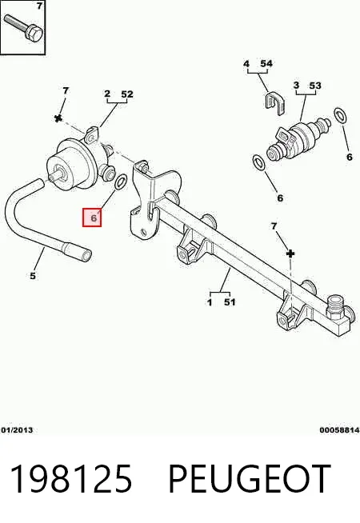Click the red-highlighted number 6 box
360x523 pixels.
pos(92,218)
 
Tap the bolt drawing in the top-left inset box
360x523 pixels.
pos(24,27)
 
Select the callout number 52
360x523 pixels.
pos(127,94)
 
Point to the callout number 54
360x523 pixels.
pos(266,63)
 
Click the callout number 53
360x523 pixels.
pos(315,86)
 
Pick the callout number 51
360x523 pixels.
pos(230,302)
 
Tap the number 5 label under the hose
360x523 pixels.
pos(33,276)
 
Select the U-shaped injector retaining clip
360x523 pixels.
pos(275,102)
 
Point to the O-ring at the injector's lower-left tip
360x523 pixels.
pos(259,162)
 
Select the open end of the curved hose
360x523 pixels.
pos(87,256)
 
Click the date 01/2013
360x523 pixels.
pos(17,430)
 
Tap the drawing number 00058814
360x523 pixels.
pos(339,430)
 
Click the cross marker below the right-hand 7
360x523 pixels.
pos(290,254)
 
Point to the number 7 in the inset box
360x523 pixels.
pos(39,6)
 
